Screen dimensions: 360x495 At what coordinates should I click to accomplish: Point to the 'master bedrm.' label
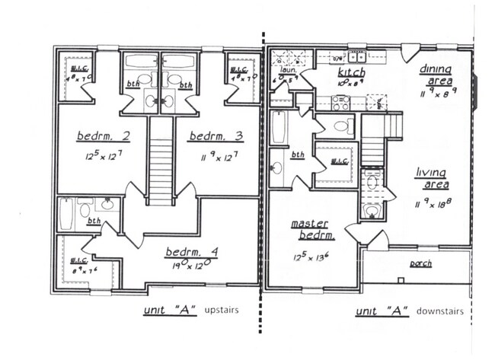click(310, 228)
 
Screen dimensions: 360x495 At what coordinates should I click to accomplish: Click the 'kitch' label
click(351, 73)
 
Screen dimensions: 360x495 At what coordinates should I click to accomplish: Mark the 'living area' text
click(431, 178)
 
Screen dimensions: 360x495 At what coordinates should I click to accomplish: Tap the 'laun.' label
click(288, 69)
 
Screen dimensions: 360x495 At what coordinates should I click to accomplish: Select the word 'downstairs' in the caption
click(440, 312)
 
